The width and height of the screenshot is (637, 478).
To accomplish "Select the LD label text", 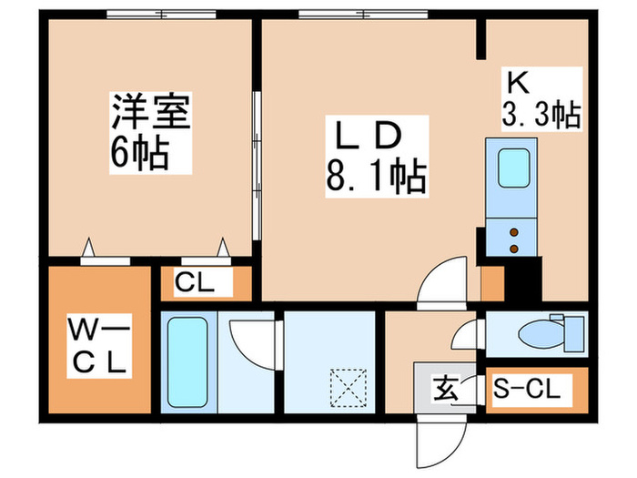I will point(369,136).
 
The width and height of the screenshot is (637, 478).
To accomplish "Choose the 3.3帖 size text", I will point(541,116).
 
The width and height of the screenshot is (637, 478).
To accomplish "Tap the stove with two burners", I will point(514,239).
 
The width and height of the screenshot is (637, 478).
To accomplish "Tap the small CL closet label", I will point(195,284).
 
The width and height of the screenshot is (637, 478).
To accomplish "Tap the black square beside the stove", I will point(523,278).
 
